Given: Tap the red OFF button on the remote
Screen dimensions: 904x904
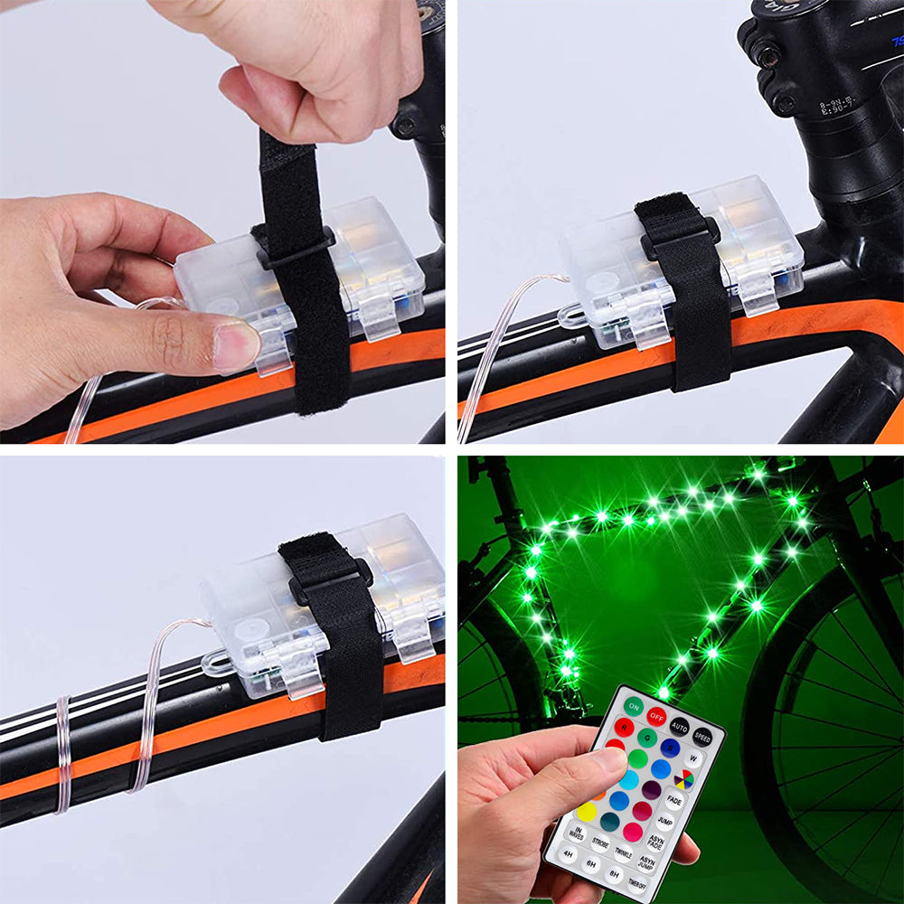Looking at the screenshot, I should tap(656, 717).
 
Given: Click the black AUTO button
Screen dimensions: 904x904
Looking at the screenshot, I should tap(680, 726).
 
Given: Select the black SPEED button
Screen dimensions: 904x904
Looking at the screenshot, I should tap(702, 737).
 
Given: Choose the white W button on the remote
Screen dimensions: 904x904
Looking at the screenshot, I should tap(692, 758).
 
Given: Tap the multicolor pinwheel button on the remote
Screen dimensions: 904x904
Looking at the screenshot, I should tap(683, 779).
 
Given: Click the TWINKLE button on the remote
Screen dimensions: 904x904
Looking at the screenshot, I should tap(623, 852).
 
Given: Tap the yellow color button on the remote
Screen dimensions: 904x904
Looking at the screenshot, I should tap(587, 811).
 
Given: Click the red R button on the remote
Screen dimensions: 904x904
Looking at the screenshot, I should tap(624, 727).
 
